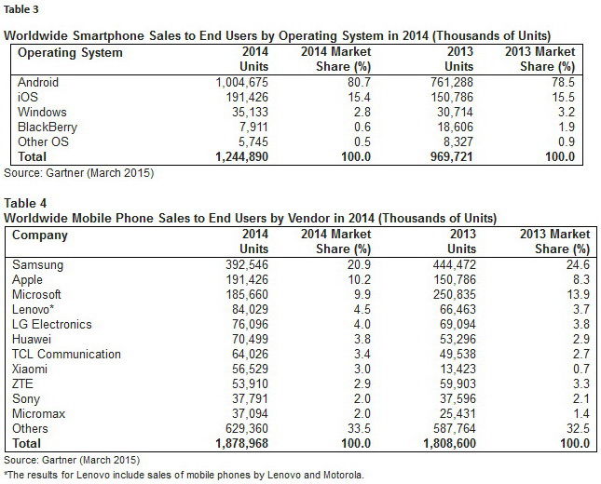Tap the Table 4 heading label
tap(23, 201)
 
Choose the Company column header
tap(40, 235)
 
